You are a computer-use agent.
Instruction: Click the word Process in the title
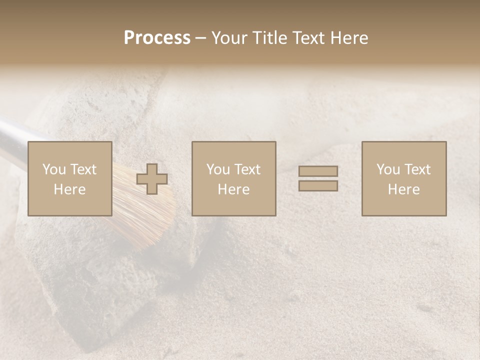(x=157, y=38)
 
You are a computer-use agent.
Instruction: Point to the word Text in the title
(x=308, y=38)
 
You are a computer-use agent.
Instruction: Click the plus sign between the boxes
(x=152, y=179)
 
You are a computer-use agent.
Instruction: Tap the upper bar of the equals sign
(x=318, y=171)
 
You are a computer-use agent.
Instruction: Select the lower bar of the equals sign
(x=318, y=186)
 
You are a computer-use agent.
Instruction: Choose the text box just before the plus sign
(x=69, y=178)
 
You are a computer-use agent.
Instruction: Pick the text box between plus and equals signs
(x=233, y=178)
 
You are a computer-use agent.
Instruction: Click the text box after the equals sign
(x=403, y=178)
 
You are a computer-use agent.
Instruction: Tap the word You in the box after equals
(x=388, y=169)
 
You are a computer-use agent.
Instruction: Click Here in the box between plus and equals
(x=233, y=189)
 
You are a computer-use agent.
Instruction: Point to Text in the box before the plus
(x=83, y=169)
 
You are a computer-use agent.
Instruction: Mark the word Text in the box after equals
(x=417, y=169)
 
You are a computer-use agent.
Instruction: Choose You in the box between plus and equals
(x=218, y=169)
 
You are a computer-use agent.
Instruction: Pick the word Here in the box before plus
(x=69, y=189)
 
